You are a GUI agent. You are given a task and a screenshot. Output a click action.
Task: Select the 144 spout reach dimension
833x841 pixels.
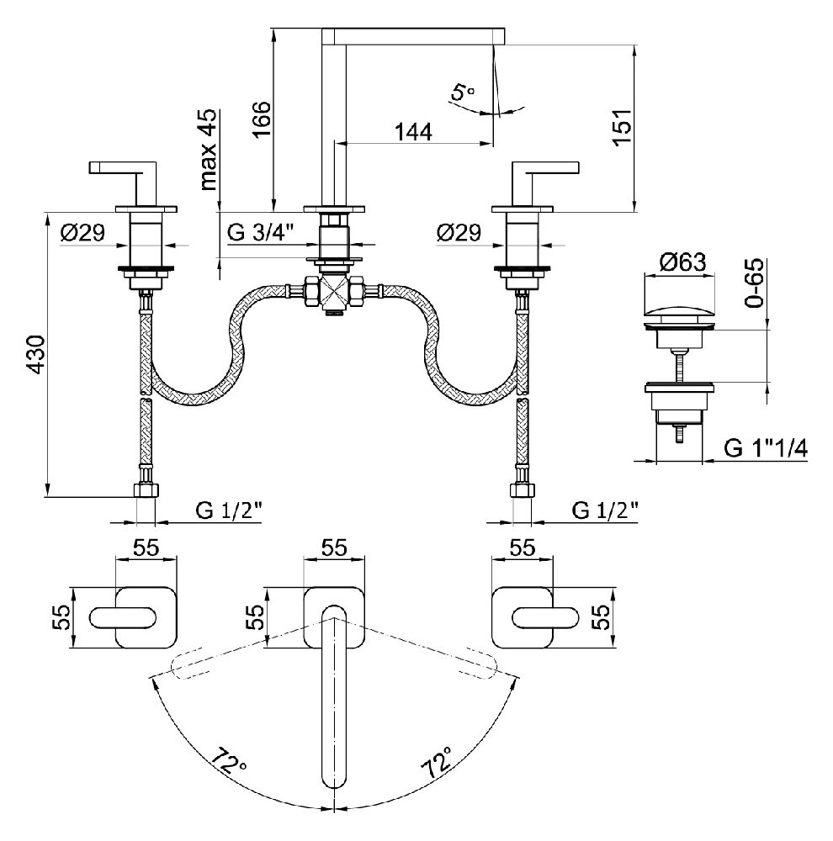pyautogui.click(x=412, y=131)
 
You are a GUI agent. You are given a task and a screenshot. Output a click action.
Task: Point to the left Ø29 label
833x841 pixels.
pyautogui.click(x=82, y=233)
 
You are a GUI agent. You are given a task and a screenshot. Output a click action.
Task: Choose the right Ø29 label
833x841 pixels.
pyautogui.click(x=459, y=233)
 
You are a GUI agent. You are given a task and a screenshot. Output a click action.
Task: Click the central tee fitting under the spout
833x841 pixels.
pyautogui.click(x=334, y=294)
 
